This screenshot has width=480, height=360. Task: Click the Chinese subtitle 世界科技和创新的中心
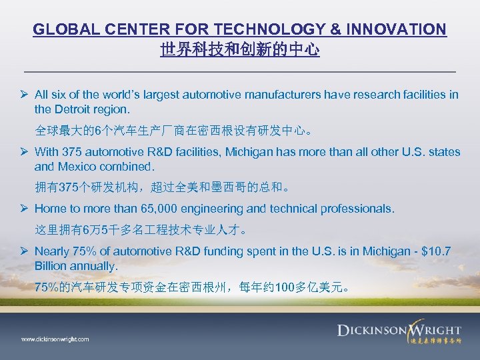coord(240,50)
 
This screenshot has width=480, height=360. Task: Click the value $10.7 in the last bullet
coord(437,252)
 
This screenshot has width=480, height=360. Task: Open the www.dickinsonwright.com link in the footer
coord(55,339)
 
